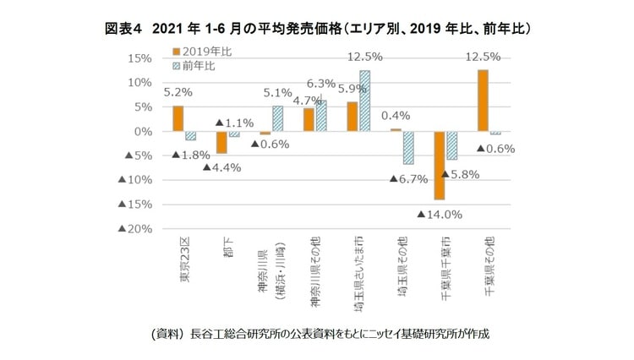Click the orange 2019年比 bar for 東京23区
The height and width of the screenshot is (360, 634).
tap(178, 118)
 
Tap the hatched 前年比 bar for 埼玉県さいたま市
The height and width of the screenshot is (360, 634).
tap(364, 101)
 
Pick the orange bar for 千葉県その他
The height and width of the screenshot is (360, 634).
tap(483, 101)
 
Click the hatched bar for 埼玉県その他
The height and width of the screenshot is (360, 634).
tap(407, 148)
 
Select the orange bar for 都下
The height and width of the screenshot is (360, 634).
tap(221, 142)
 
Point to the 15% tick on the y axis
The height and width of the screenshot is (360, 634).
tap(139, 58)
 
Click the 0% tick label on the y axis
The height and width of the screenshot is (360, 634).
tap(142, 132)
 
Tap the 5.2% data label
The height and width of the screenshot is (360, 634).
tap(176, 92)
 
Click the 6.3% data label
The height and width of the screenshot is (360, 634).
tap(322, 84)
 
